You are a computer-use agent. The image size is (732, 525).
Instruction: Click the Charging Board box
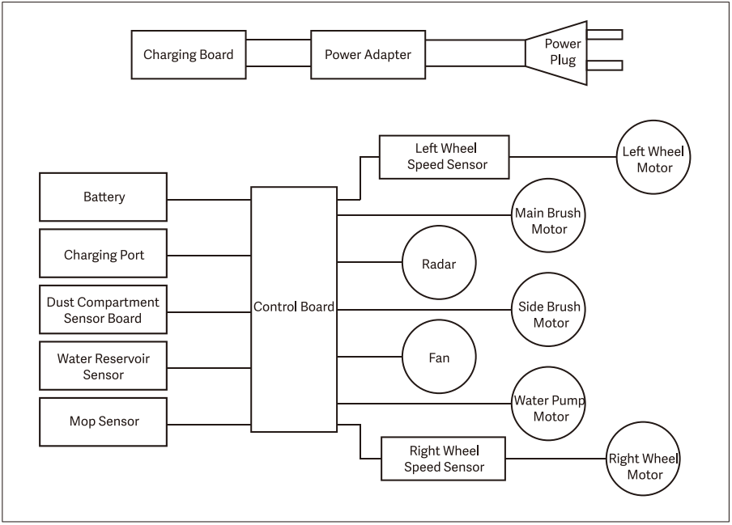pos(189,55)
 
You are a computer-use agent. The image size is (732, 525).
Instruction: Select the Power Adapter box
pos(368,55)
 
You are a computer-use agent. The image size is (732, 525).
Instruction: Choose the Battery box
pos(104,197)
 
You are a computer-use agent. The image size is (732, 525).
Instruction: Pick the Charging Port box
pos(104,255)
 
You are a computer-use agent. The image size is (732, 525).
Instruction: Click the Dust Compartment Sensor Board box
pos(104,310)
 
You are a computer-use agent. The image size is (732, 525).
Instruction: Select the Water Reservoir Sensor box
pos(104,366)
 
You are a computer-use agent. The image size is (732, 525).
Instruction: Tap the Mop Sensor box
pos(104,421)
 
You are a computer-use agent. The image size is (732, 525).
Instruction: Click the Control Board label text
pos(293,307)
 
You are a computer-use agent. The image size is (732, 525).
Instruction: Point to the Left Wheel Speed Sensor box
pos(445,157)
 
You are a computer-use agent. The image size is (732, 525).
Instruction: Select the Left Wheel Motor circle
pos(653,159)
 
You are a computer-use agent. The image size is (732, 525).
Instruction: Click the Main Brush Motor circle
pos(548,221)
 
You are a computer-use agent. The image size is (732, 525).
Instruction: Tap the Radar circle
pos(439,264)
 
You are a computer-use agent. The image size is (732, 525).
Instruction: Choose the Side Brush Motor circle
pos(548,315)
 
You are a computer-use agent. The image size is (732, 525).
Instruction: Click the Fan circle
pos(439,357)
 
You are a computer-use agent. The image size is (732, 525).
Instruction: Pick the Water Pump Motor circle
pos(548,408)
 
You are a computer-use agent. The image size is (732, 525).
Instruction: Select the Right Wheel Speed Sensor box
pos(444,459)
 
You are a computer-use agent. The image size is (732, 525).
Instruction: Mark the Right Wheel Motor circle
pos(644,459)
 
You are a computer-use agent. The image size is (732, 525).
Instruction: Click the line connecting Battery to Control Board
pos(209,200)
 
